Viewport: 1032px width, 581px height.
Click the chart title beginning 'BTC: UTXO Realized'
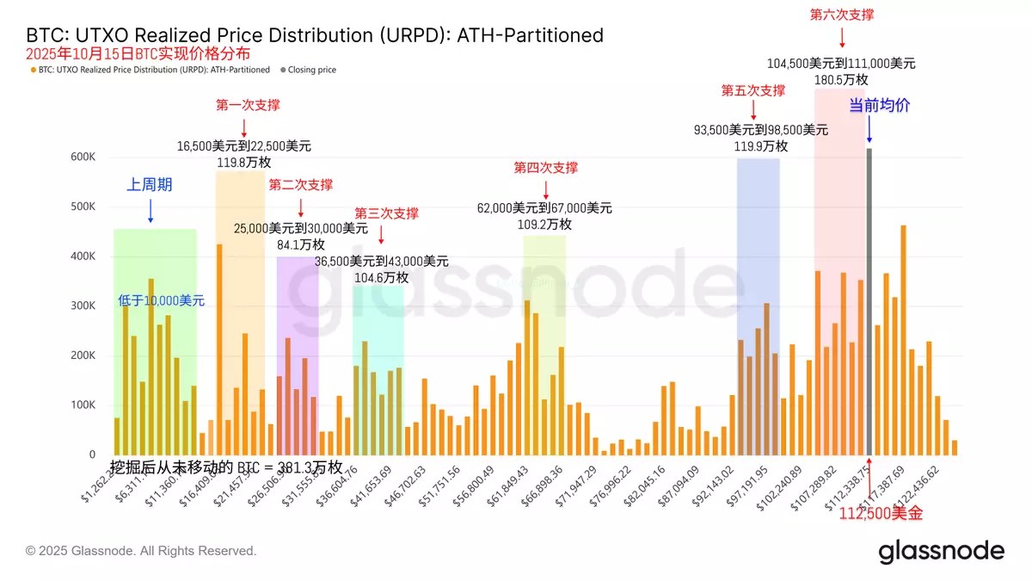click(315, 35)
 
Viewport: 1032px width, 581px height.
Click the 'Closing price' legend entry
click(311, 70)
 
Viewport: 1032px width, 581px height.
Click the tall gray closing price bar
click(869, 301)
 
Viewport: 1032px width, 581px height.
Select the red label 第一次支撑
click(248, 105)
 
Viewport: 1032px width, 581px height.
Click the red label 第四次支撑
click(545, 168)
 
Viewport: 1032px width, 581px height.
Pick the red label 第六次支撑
click(842, 15)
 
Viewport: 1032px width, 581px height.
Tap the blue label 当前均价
click(879, 106)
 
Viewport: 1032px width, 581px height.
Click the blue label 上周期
click(150, 184)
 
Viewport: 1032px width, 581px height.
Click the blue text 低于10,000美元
click(162, 300)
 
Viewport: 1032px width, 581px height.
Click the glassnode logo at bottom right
click(941, 552)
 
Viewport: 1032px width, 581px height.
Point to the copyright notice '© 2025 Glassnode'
click(141, 551)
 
